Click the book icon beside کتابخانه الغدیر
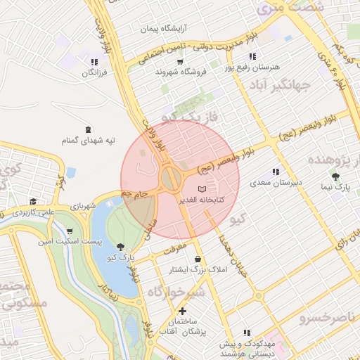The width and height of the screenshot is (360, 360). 202,189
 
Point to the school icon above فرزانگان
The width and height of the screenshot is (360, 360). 94,62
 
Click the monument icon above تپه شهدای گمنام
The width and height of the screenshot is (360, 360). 87,129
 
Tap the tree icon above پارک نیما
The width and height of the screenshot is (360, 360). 335,176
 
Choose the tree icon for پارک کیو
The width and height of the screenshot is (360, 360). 121,246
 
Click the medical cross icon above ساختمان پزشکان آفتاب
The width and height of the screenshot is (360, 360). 183,311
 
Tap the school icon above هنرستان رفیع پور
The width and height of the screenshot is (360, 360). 252,56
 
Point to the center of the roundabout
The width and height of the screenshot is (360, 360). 171,178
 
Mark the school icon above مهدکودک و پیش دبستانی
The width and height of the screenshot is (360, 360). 246,333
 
